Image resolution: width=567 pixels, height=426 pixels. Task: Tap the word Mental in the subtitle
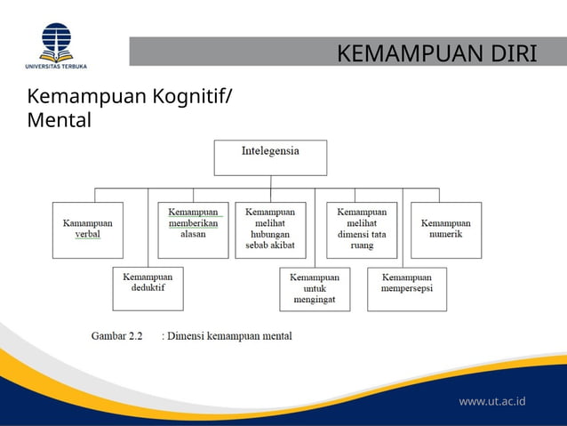point(60,119)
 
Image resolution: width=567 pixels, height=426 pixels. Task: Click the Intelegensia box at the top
point(270,157)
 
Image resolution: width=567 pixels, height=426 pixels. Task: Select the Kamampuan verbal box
point(87,229)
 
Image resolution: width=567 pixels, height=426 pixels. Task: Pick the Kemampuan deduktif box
point(148,288)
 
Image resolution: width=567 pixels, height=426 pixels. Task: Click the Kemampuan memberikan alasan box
point(193,229)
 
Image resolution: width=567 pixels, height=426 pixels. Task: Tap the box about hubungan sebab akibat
point(270,229)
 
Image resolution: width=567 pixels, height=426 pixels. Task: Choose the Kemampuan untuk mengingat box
point(315,289)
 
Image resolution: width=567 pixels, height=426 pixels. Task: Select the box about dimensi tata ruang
point(362,229)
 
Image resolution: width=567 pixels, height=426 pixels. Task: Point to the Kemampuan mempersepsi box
point(407,288)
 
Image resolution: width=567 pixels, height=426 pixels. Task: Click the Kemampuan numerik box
point(446,229)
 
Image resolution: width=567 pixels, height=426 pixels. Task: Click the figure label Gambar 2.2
point(117,336)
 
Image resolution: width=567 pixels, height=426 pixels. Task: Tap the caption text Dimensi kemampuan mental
point(229,336)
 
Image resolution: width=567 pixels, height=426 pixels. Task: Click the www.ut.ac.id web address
point(491,401)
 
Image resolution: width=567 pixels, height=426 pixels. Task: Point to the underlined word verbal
point(87,235)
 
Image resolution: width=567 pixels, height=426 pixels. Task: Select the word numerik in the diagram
point(446,234)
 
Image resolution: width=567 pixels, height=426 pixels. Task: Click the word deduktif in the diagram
point(148,289)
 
